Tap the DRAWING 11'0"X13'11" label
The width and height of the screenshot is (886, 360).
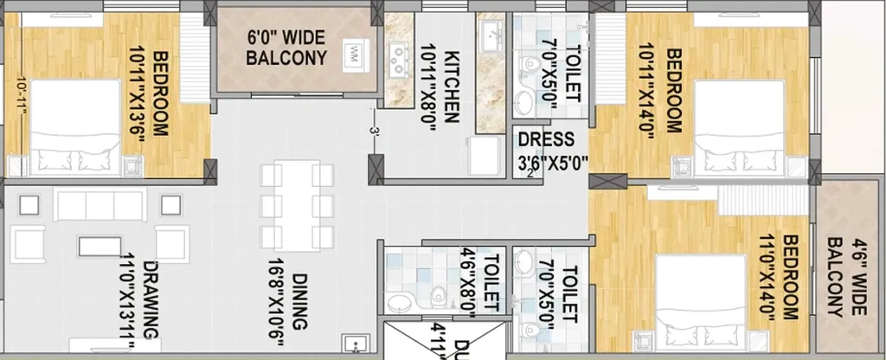tap(141, 299)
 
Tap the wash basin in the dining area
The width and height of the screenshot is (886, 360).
tap(355, 344)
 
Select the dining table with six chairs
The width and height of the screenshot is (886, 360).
tap(298, 207)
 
